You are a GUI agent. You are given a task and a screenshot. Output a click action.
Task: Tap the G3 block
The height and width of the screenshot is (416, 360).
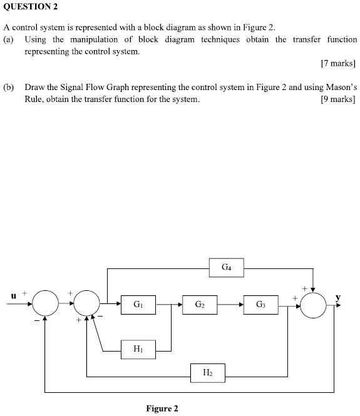point(260,305)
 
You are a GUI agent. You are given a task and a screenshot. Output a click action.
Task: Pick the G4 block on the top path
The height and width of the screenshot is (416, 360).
point(226,268)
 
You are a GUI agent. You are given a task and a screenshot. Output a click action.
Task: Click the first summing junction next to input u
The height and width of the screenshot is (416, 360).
point(45,305)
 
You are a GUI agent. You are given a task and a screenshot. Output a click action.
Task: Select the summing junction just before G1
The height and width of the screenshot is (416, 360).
point(86,305)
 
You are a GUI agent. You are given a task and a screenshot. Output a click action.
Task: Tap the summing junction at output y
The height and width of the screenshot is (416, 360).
point(314,305)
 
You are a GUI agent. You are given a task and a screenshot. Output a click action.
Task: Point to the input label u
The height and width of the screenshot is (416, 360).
point(13,295)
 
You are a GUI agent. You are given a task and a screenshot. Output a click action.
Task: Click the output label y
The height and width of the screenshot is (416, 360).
point(339,296)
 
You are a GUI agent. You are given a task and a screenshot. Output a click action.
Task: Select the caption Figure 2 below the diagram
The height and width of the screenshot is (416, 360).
point(162,408)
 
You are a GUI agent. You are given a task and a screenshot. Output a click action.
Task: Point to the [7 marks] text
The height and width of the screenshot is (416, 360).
point(337,63)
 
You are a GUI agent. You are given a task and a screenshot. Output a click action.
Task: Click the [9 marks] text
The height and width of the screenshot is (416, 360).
point(337,99)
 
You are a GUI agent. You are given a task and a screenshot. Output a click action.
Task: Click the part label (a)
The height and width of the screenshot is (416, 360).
point(9,39)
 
